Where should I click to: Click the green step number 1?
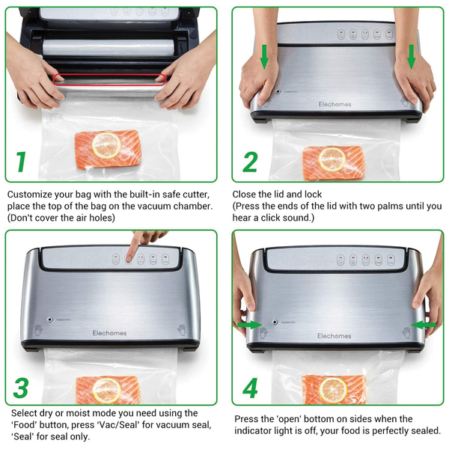pyautogui.click(x=21, y=162)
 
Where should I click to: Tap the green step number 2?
pyautogui.click(x=250, y=162)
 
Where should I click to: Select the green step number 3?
pyautogui.click(x=21, y=388)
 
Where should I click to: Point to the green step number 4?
pyautogui.click(x=250, y=388)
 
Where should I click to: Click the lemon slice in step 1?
pyautogui.click(x=106, y=145)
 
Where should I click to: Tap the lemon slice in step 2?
pyautogui.click(x=332, y=159)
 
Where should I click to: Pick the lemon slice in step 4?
pyautogui.click(x=333, y=391)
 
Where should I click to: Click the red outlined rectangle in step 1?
pyautogui.click(x=109, y=79)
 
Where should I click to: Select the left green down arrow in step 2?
pyautogui.click(x=264, y=57)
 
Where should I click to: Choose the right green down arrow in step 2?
pyautogui.click(x=411, y=57)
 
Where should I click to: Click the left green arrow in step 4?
pyautogui.click(x=249, y=325)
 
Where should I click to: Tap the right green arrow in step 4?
pyautogui.click(x=424, y=325)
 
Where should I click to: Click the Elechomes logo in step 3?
pyautogui.click(x=109, y=333)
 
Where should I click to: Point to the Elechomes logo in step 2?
pyautogui.click(x=335, y=104)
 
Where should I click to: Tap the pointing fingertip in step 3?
pyautogui.click(x=129, y=258)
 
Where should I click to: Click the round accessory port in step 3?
pyautogui.click(x=50, y=320)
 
